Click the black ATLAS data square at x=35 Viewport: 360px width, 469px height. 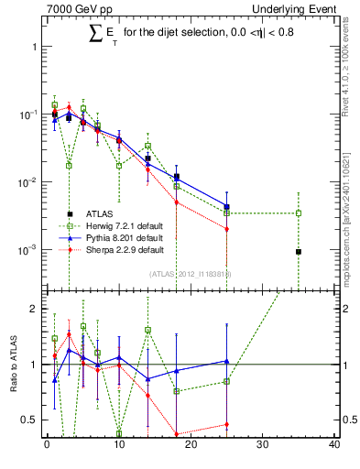(x=299, y=252)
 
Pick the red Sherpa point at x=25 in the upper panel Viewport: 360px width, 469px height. (x=226, y=229)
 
